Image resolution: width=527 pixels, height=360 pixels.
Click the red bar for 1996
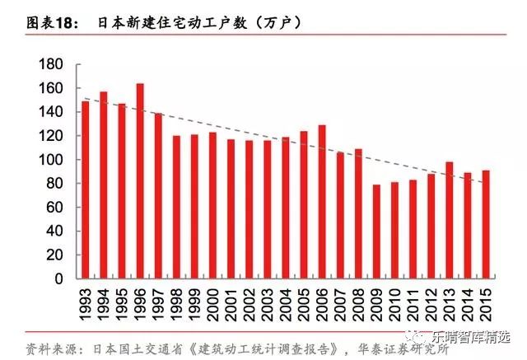point(140,181)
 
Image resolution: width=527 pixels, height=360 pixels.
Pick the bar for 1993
point(86,189)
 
